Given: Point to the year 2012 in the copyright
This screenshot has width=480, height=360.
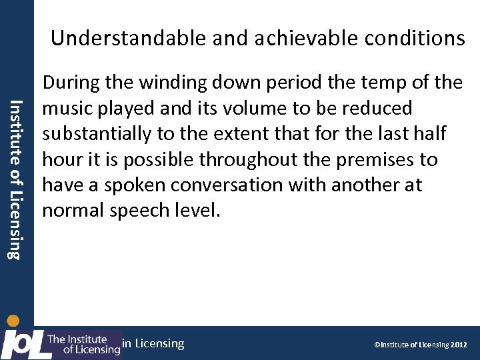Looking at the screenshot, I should [x=459, y=345].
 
